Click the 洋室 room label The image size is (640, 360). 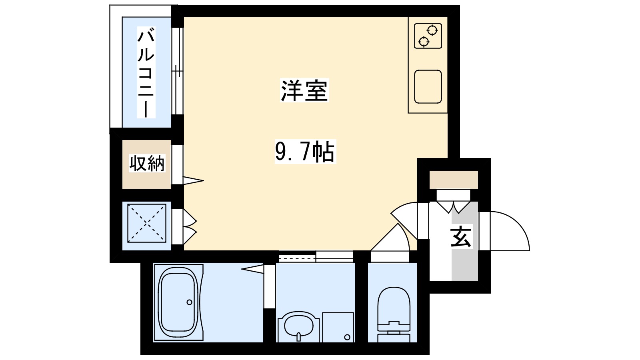(304, 91)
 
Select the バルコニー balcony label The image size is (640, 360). (146, 72)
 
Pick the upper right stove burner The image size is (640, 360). (432, 30)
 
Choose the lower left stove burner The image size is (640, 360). (423, 41)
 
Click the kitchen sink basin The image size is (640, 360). (428, 86)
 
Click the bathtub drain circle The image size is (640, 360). (189, 302)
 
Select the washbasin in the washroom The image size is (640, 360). (298, 326)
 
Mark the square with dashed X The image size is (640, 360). (146, 223)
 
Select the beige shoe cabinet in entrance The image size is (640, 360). (454, 179)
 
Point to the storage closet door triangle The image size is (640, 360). (193, 180)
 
